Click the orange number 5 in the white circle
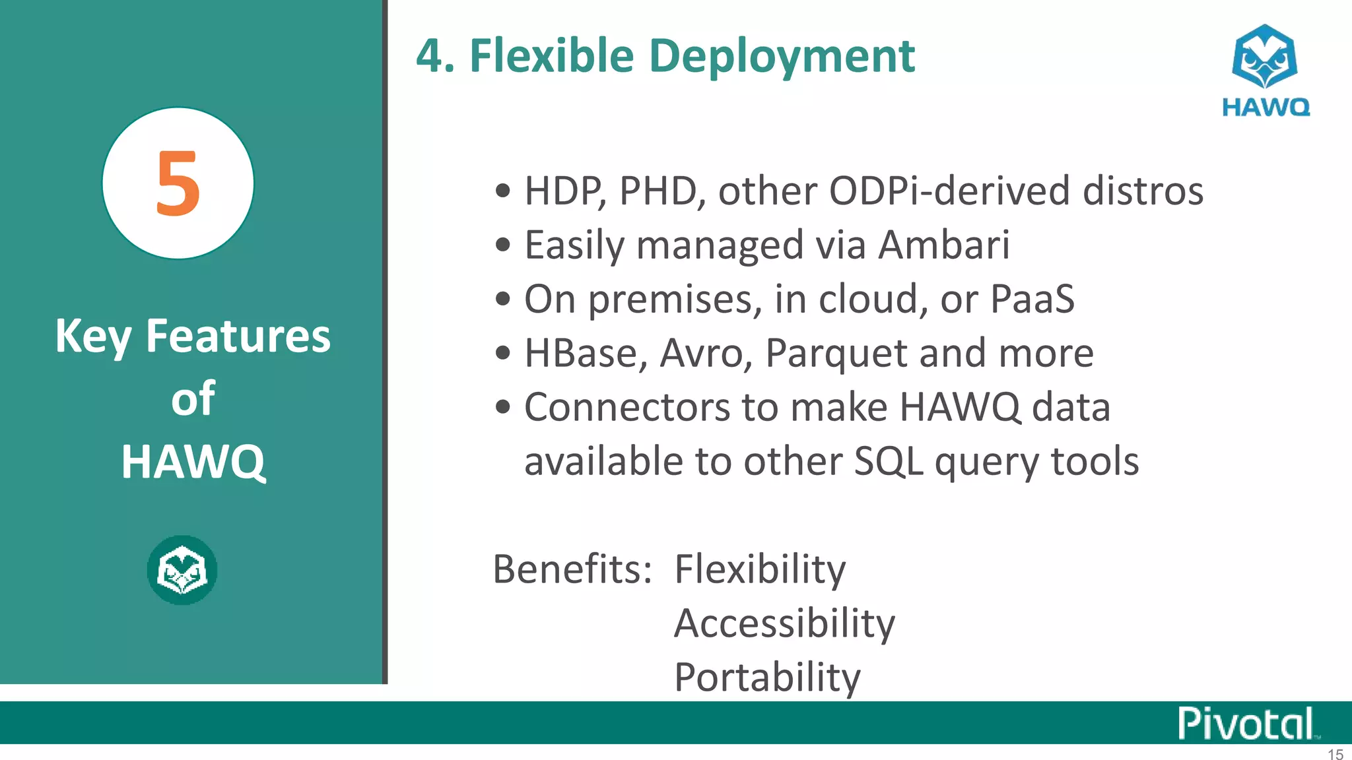pos(178,183)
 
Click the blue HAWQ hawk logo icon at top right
pos(1264,57)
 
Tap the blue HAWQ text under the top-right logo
pos(1266,107)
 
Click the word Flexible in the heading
pos(551,55)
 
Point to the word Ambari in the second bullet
pos(943,245)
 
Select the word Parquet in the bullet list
pos(836,354)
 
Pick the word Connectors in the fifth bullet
pos(627,407)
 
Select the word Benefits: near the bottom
pos(572,569)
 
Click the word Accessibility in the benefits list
pos(784,623)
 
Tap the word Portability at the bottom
pos(767,677)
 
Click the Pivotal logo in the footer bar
pos(1246,724)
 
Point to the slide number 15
pos(1335,754)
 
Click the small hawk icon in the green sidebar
pos(182,570)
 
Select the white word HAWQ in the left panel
pos(193,461)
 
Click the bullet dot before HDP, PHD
pos(503,191)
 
